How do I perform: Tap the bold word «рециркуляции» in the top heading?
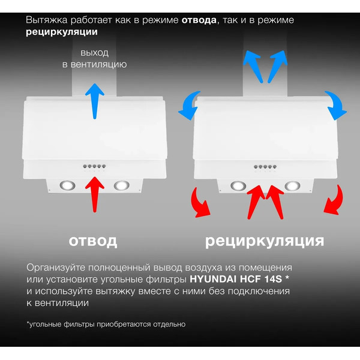[x=62, y=32]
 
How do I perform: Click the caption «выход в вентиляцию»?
[x=94, y=58]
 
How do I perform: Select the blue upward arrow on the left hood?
[x=94, y=99]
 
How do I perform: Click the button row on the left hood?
[x=95, y=167]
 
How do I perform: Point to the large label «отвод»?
[x=93, y=241]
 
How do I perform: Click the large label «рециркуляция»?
[x=265, y=241]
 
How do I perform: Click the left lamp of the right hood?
[x=239, y=185]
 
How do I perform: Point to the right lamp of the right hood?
[x=293, y=185]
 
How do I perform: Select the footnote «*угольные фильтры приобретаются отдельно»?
[x=106, y=324]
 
